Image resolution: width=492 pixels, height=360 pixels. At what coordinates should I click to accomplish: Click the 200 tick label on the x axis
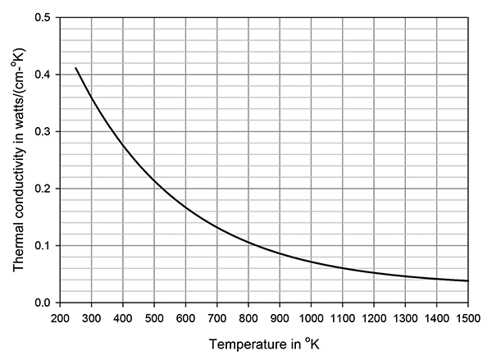(59, 317)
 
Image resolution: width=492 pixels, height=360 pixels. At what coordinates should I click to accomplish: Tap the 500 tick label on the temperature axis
(153, 317)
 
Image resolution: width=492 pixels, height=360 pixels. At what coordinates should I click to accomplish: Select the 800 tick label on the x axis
(248, 317)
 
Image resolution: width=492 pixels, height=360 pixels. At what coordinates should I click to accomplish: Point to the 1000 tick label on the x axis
(311, 317)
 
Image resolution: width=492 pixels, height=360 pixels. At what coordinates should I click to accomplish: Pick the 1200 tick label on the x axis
(374, 317)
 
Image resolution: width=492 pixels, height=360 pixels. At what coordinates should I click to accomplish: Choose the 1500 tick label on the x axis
(468, 317)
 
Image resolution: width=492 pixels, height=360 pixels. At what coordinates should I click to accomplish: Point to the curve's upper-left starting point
(75, 68)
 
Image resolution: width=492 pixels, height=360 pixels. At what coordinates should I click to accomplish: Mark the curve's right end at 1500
(468, 281)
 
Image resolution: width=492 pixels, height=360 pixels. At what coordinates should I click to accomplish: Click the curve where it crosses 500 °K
(153, 180)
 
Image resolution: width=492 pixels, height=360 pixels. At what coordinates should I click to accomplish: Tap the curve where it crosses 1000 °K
(311, 262)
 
